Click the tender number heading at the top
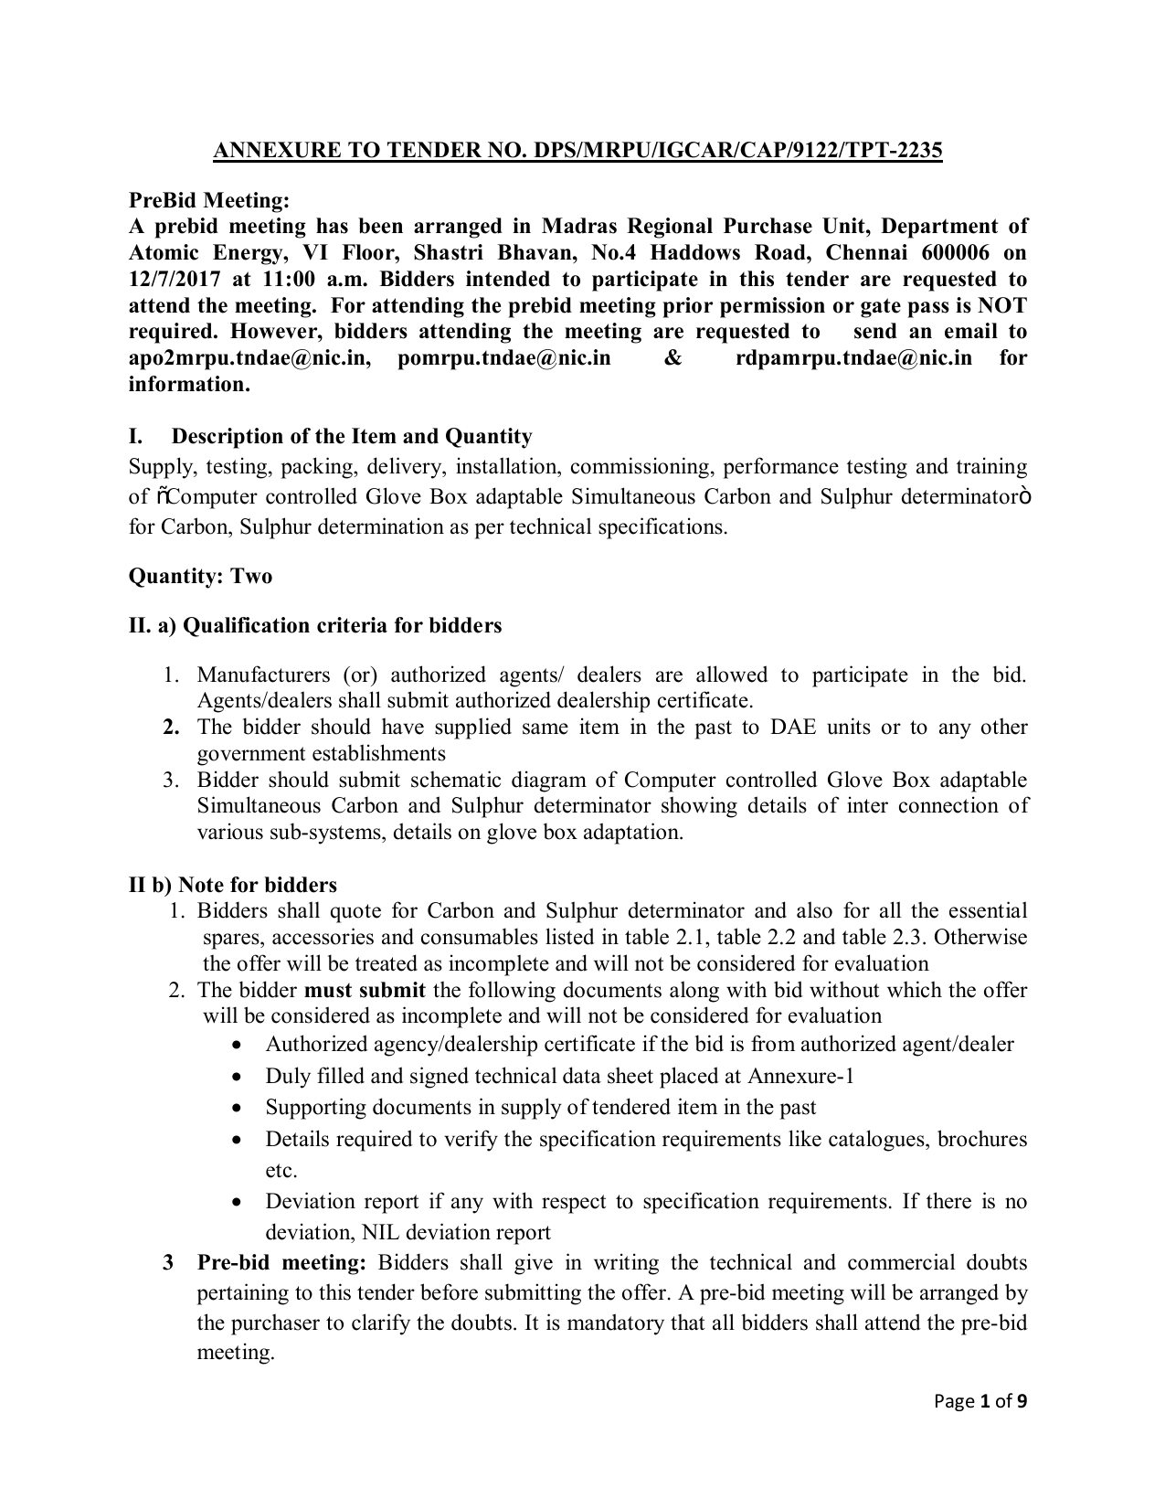[x=577, y=151]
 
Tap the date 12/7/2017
[x=168, y=279]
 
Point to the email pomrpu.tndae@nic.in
[x=504, y=357]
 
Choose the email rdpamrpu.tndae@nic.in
[x=853, y=357]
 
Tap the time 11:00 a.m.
[x=267, y=279]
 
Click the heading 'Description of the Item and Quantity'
[x=352, y=436]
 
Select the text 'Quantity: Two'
[x=200, y=576]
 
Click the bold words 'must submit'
[x=365, y=990]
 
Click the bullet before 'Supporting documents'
[x=238, y=1108]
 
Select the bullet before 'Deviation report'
[x=238, y=1202]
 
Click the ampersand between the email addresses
[x=673, y=357]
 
